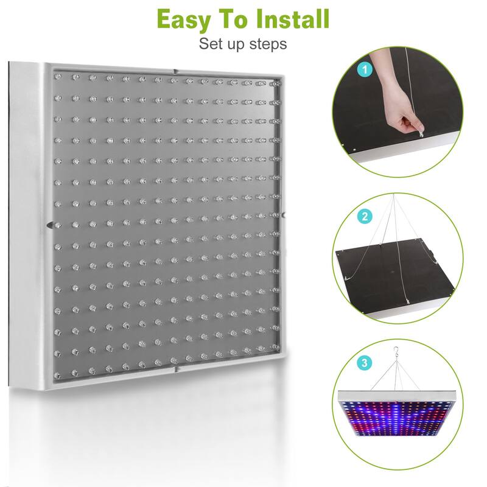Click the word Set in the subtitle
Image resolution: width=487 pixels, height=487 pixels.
click(x=209, y=44)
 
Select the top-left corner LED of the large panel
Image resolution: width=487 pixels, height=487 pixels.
click(x=58, y=77)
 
